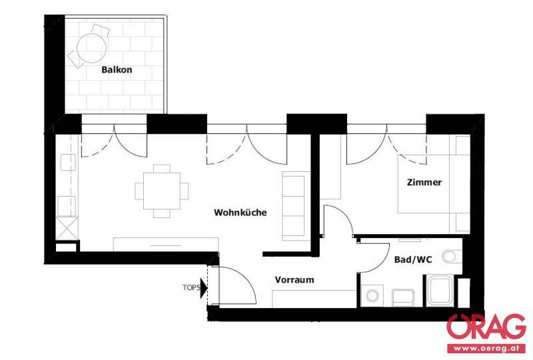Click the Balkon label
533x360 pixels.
click(117, 70)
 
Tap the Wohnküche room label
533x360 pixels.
click(241, 212)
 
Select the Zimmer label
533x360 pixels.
click(424, 182)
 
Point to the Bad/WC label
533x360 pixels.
click(413, 259)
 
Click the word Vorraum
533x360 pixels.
click(294, 280)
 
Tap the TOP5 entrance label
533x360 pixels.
click(191, 287)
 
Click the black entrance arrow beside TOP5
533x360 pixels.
click(204, 288)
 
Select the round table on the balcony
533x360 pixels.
click(91, 48)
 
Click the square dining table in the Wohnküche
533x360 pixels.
click(161, 191)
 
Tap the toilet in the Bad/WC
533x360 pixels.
click(452, 257)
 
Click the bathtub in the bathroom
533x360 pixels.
click(440, 291)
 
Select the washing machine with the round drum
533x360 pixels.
click(372, 295)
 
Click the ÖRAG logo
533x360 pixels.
click(486, 329)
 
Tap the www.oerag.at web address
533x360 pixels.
click(486, 349)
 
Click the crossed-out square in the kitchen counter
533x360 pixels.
click(67, 228)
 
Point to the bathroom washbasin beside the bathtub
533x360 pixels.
click(403, 297)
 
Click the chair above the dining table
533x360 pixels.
click(161, 169)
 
